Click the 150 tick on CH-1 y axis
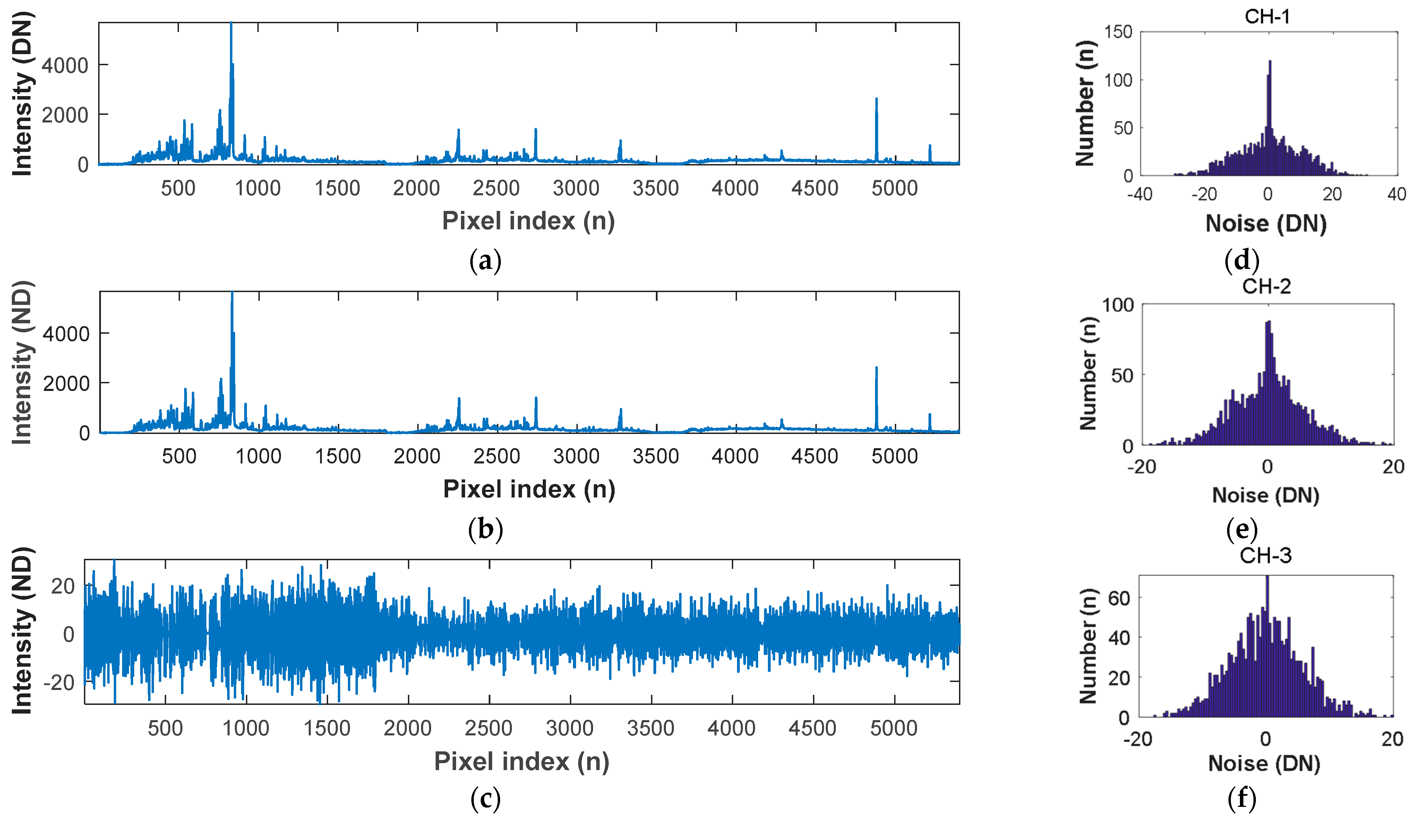tap(1118, 32)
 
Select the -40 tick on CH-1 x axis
tap(1139, 194)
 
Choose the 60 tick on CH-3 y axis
tap(1119, 598)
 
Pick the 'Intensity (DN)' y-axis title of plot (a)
tap(23, 93)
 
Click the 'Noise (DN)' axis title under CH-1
tap(1266, 223)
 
